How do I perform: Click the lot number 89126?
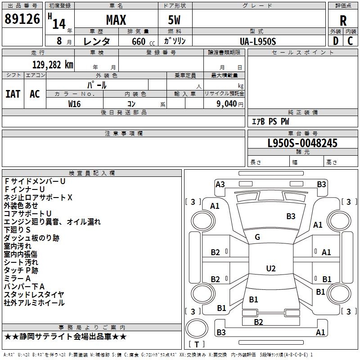pyautogui.click(x=22, y=19)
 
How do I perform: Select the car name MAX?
pyautogui.click(x=116, y=20)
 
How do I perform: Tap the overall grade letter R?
pyautogui.click(x=343, y=21)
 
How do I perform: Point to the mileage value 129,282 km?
pyautogui.click(x=53, y=65)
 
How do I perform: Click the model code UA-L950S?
pyautogui.click(x=258, y=41)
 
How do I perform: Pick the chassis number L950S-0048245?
pyautogui.click(x=302, y=143)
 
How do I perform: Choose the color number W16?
pyautogui.click(x=74, y=104)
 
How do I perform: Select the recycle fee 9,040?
pyautogui.click(x=227, y=104)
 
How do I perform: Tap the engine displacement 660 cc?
pyautogui.click(x=143, y=41)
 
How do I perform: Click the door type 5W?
pyautogui.click(x=174, y=20)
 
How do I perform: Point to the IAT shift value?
pyautogui.click(x=13, y=94)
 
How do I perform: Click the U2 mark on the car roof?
pyautogui.click(x=271, y=268)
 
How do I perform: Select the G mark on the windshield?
pyautogui.click(x=257, y=237)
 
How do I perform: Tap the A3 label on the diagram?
pyautogui.click(x=220, y=184)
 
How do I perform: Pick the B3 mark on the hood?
pyautogui.click(x=291, y=216)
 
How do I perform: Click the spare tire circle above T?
pyautogui.click(x=197, y=328)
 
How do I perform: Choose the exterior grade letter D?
pyautogui.click(x=336, y=41)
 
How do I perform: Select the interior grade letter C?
pyautogui.click(x=350, y=41)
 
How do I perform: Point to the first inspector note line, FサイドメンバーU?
pyautogui.click(x=35, y=181)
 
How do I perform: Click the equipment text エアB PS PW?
pyautogui.click(x=270, y=121)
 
